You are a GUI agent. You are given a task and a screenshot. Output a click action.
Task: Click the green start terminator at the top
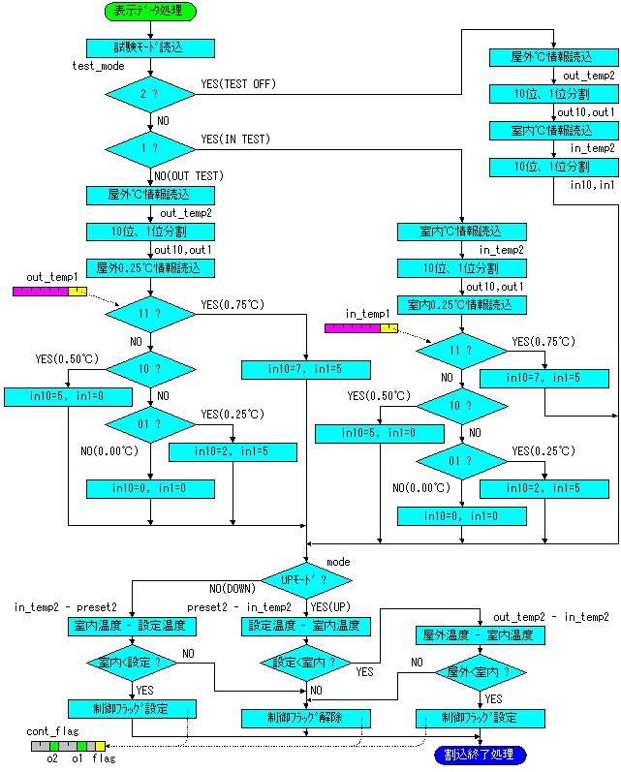tap(150, 11)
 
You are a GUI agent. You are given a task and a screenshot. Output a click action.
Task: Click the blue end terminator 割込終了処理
tap(481, 755)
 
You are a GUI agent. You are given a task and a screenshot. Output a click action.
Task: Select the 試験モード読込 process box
tap(150, 47)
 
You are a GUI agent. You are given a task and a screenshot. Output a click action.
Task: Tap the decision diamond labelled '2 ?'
tap(150, 94)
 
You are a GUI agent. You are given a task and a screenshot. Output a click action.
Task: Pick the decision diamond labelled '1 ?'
tap(150, 149)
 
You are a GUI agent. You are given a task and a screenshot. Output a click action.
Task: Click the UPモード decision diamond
tap(306, 580)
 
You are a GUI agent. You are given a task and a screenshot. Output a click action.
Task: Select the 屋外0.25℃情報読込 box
tap(150, 268)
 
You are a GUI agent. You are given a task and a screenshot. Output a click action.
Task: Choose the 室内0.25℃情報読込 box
tap(462, 305)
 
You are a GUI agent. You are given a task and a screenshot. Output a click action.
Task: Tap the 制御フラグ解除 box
tap(306, 719)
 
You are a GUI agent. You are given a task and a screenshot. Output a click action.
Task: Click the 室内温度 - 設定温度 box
tap(132, 627)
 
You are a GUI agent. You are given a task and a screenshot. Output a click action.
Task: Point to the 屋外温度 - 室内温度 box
tap(481, 635)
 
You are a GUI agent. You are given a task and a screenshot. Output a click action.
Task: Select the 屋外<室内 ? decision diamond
tap(481, 672)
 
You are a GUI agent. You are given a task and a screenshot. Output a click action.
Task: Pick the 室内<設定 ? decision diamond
tap(132, 664)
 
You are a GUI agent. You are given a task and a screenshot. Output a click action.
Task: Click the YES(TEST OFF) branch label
tap(238, 84)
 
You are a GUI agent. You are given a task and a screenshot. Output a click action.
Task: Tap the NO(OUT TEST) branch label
tap(189, 176)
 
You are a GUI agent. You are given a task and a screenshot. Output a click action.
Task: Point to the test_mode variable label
tap(98, 66)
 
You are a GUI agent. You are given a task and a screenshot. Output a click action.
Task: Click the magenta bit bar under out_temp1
tap(41, 292)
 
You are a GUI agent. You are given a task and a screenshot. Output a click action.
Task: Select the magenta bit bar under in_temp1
tap(353, 328)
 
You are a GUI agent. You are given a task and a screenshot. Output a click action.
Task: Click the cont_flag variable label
tap(52, 731)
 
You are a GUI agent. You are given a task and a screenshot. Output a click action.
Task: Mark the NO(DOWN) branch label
tap(233, 589)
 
